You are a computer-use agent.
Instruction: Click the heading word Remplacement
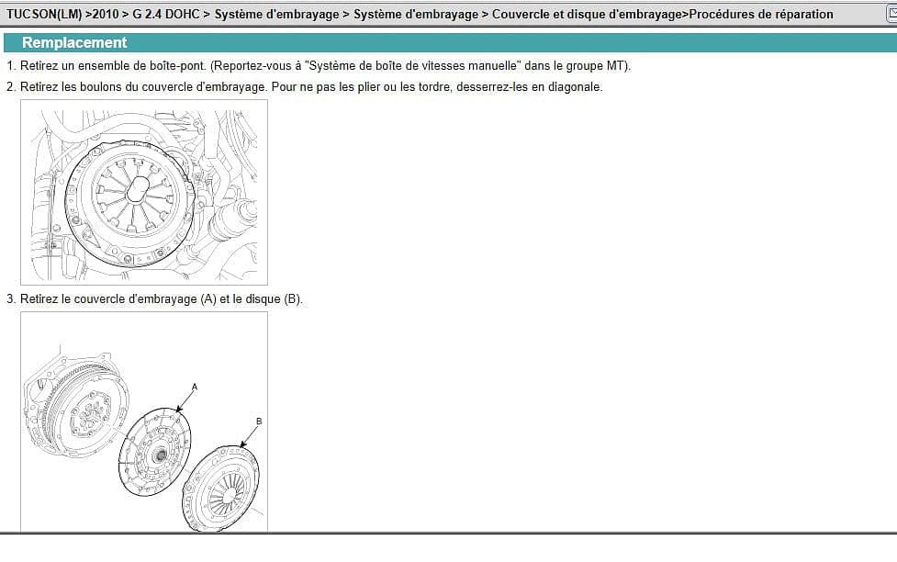click(x=74, y=42)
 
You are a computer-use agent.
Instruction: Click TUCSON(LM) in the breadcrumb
click(x=44, y=15)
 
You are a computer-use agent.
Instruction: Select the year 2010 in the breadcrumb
click(x=105, y=15)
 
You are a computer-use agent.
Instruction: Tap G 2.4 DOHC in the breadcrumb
click(x=166, y=15)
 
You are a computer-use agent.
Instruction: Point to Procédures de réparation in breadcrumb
click(x=761, y=15)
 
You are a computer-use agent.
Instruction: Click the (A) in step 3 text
click(x=208, y=298)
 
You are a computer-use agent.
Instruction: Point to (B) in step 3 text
click(x=292, y=298)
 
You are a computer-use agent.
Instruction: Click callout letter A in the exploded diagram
click(x=195, y=388)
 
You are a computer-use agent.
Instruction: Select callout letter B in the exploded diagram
click(x=259, y=421)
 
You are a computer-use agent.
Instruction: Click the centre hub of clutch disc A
click(x=160, y=455)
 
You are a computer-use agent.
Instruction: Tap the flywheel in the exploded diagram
click(x=80, y=405)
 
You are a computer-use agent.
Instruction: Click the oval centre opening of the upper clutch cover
click(x=138, y=189)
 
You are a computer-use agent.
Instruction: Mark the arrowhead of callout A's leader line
click(x=179, y=410)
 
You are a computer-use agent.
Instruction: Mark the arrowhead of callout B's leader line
click(x=242, y=444)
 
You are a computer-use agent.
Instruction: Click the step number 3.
click(x=11, y=298)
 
